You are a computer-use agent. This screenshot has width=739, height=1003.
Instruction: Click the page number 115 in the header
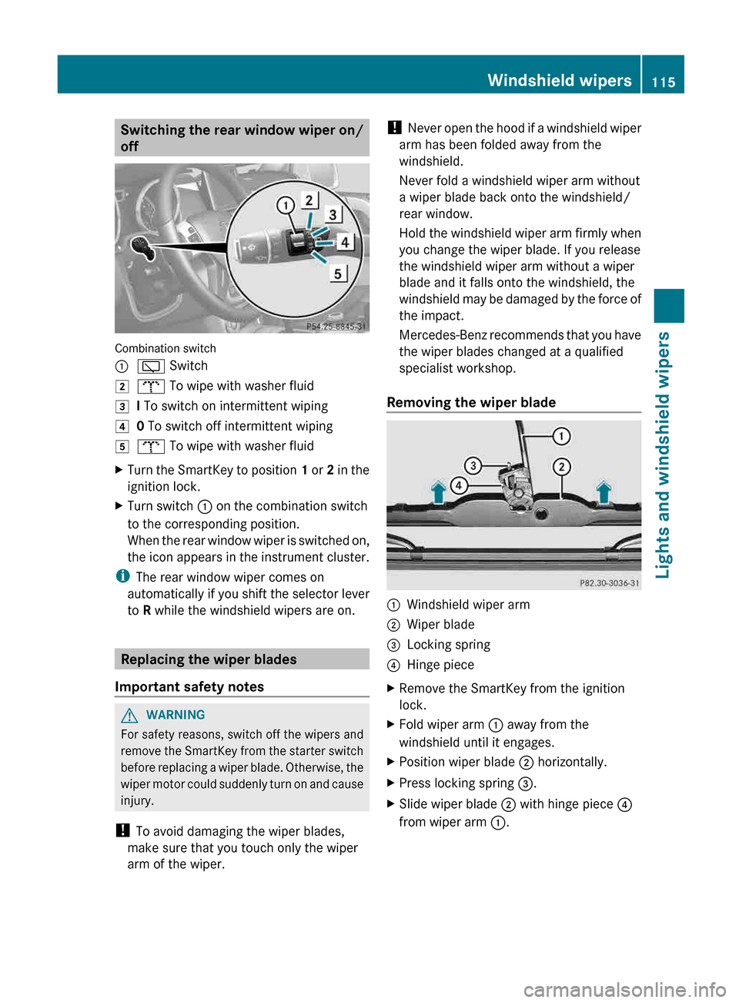point(663,82)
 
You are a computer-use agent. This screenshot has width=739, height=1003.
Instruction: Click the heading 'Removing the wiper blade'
point(471,402)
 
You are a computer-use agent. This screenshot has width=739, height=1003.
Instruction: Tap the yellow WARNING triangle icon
point(130,716)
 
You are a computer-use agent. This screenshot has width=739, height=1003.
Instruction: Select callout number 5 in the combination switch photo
point(338,274)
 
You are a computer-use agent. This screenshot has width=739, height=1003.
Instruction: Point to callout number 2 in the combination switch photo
point(309,200)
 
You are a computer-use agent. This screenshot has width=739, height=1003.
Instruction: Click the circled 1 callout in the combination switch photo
point(286,205)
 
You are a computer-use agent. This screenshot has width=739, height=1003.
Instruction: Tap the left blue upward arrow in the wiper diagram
point(439,491)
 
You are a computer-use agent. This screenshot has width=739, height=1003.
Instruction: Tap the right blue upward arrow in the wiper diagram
point(604,491)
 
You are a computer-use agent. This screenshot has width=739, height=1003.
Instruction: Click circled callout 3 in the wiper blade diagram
point(473,465)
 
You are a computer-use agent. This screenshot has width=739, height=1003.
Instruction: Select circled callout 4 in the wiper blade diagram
point(459,485)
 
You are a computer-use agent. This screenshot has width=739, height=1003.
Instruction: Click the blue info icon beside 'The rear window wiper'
point(122,577)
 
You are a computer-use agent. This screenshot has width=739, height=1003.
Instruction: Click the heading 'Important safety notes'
point(189,686)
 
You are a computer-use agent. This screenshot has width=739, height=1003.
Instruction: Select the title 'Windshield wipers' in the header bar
point(559,80)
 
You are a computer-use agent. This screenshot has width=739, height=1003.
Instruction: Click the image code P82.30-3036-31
point(609,583)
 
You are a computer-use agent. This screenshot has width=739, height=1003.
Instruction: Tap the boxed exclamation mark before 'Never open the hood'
point(394,128)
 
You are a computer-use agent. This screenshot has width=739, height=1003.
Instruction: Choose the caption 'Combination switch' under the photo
point(166,348)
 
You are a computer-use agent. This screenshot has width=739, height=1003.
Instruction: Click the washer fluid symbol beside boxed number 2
point(151,386)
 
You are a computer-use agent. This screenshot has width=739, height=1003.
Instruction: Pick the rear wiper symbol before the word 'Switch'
point(151,367)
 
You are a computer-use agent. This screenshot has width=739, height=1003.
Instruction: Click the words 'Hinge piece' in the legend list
point(440,665)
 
